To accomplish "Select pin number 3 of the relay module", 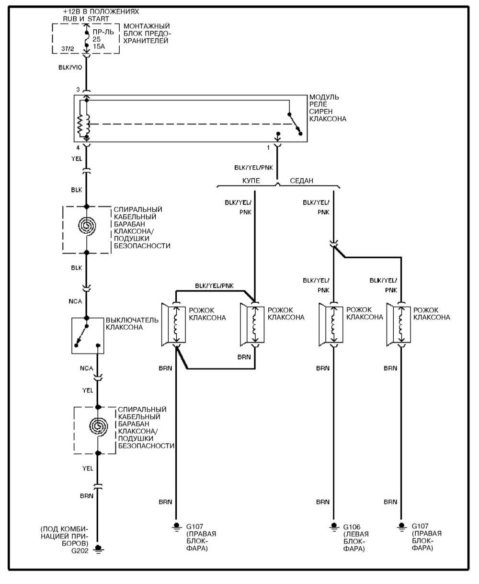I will click(x=77, y=90).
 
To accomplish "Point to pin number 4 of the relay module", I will click(x=77, y=148).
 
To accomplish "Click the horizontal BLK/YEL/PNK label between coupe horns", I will click(x=214, y=286).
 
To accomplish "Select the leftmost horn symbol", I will click(x=174, y=324).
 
